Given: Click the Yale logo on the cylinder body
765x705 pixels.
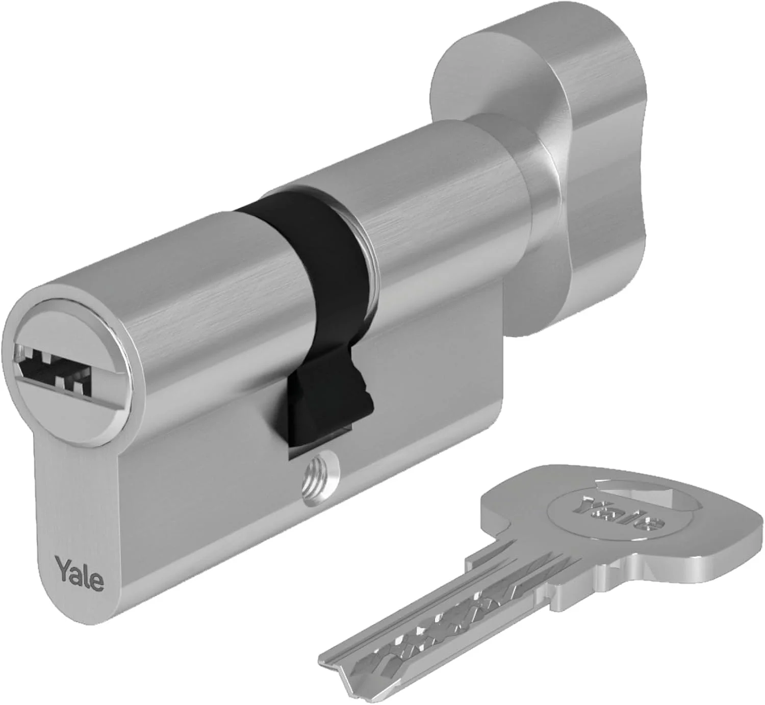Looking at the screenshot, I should tap(80, 575).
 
